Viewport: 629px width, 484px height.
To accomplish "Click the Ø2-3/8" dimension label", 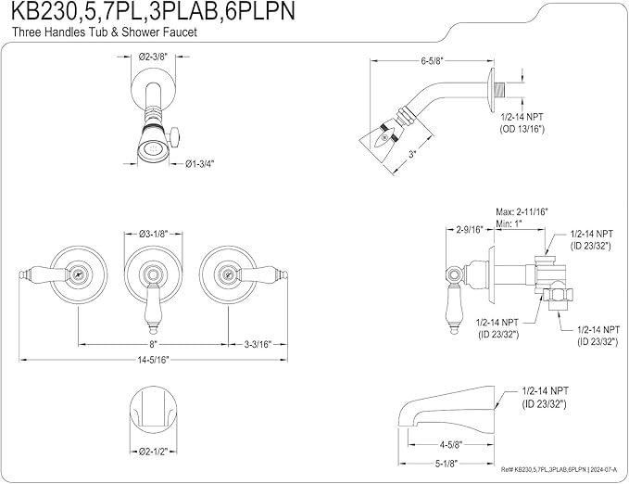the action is pyautogui.click(x=153, y=57).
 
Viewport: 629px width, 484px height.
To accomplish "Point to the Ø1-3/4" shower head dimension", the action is pyautogui.click(x=200, y=163).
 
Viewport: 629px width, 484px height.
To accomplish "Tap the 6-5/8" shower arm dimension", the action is pyautogui.click(x=432, y=61).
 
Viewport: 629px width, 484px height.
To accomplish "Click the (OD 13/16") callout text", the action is pyautogui.click(x=522, y=129).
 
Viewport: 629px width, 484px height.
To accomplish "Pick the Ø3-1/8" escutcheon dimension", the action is pyautogui.click(x=153, y=234).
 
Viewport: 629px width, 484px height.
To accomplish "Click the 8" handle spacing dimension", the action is pyautogui.click(x=153, y=344).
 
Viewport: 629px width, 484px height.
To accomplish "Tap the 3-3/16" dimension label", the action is pyautogui.click(x=258, y=344).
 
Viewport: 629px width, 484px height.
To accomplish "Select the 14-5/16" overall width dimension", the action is pyautogui.click(x=153, y=360).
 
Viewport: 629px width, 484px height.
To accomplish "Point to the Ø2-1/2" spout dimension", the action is pyautogui.click(x=153, y=452).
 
